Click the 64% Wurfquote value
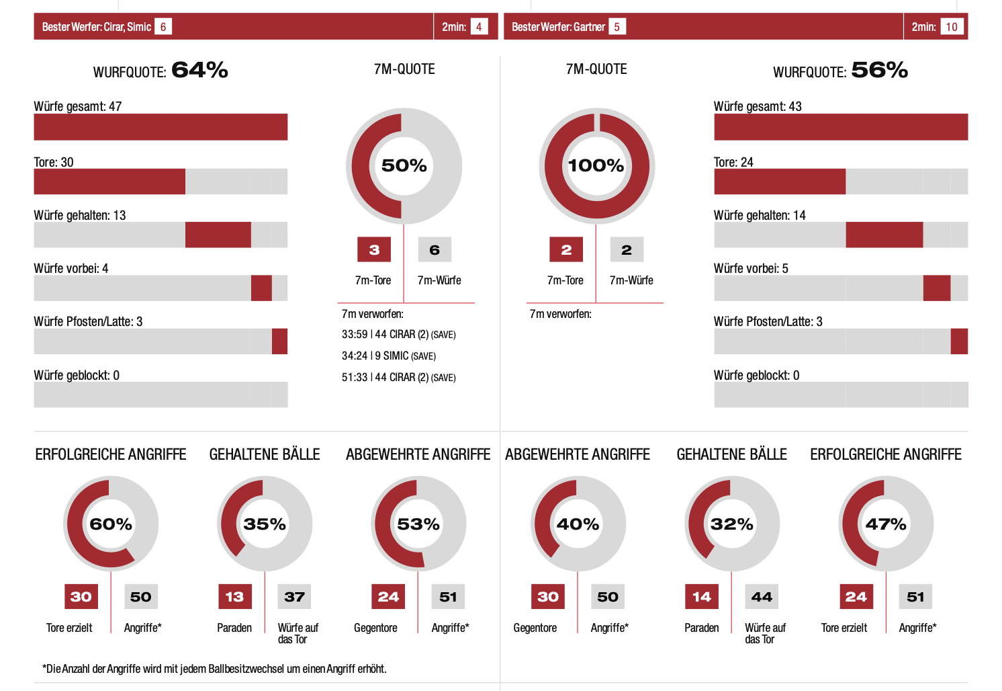click(199, 70)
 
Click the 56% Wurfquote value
click(879, 70)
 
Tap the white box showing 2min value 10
click(951, 27)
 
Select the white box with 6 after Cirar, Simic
click(163, 27)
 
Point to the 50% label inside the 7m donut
click(404, 165)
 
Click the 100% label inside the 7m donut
click(596, 165)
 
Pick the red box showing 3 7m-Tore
click(374, 250)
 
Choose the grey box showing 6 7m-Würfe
click(435, 250)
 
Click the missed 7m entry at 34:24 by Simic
click(388, 356)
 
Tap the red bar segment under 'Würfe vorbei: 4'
click(261, 288)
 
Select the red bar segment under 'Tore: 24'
click(779, 181)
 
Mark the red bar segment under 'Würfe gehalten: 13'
click(218, 235)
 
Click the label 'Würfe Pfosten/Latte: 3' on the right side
click(768, 321)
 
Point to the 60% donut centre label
click(111, 524)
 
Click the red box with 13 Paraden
click(234, 596)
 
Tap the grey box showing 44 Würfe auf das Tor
click(762, 596)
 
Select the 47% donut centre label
click(886, 524)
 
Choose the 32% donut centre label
click(731, 524)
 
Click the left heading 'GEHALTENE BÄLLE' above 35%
click(265, 454)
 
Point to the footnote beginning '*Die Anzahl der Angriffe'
click(214, 669)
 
